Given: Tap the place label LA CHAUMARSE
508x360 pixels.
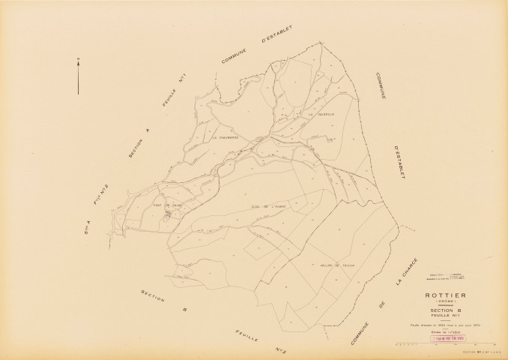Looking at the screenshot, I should (x=225, y=138).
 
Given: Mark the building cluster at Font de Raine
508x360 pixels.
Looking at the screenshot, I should (x=169, y=214).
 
